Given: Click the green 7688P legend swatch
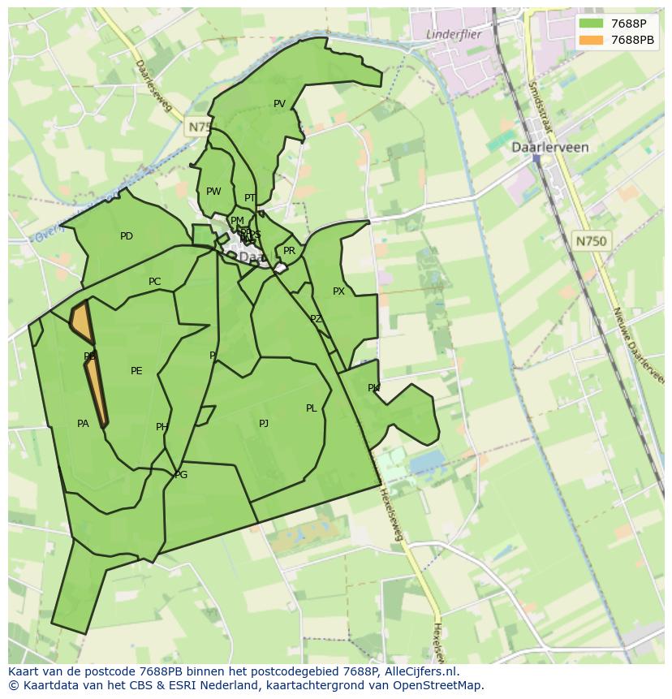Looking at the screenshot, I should click(592, 24).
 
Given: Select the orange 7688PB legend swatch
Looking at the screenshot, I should click(592, 40).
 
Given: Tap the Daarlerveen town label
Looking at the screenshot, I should click(549, 148).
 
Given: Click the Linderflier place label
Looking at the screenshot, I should click(453, 35).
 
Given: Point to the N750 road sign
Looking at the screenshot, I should click(591, 241).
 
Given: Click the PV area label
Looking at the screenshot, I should click(279, 104).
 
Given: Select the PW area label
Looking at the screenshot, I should click(213, 192).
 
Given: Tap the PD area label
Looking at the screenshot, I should click(127, 237).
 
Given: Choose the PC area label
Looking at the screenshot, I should click(154, 283).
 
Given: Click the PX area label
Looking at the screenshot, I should click(338, 291).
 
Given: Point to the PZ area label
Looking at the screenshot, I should click(316, 320).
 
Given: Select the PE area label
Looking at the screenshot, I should click(136, 371).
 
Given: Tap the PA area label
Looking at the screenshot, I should click(83, 424).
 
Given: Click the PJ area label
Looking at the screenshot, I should click(264, 424).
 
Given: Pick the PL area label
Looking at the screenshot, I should click(311, 408).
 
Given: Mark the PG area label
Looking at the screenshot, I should click(181, 475).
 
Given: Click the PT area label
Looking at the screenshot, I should click(250, 198).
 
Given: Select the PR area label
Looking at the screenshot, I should click(289, 252).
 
